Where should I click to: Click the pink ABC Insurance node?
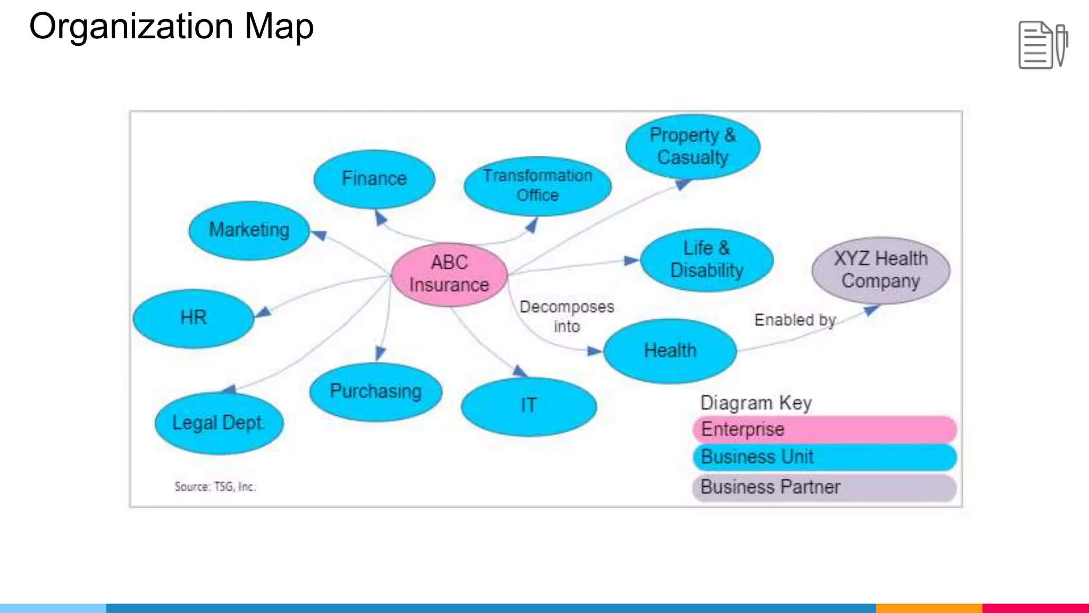tap(449, 274)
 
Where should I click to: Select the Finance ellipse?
tap(374, 179)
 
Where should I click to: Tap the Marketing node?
tap(249, 230)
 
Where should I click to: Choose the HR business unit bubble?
tap(194, 318)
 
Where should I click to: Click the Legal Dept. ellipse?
tap(219, 423)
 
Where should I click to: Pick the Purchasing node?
tap(375, 392)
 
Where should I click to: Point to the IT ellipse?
tap(529, 406)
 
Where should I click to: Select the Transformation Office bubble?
tap(538, 185)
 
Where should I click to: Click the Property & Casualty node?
tap(693, 146)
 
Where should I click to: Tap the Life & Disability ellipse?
tap(707, 260)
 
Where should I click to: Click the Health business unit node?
tap(670, 351)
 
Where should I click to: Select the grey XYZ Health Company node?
tap(881, 270)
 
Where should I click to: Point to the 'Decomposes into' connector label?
tap(567, 317)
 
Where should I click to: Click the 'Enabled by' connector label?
tap(795, 320)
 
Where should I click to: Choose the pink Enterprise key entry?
tap(824, 429)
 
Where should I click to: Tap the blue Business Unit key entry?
tap(824, 457)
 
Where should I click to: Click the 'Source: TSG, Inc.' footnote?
tap(215, 486)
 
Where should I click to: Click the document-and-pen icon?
tap(1043, 45)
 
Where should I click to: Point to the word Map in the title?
tap(279, 27)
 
